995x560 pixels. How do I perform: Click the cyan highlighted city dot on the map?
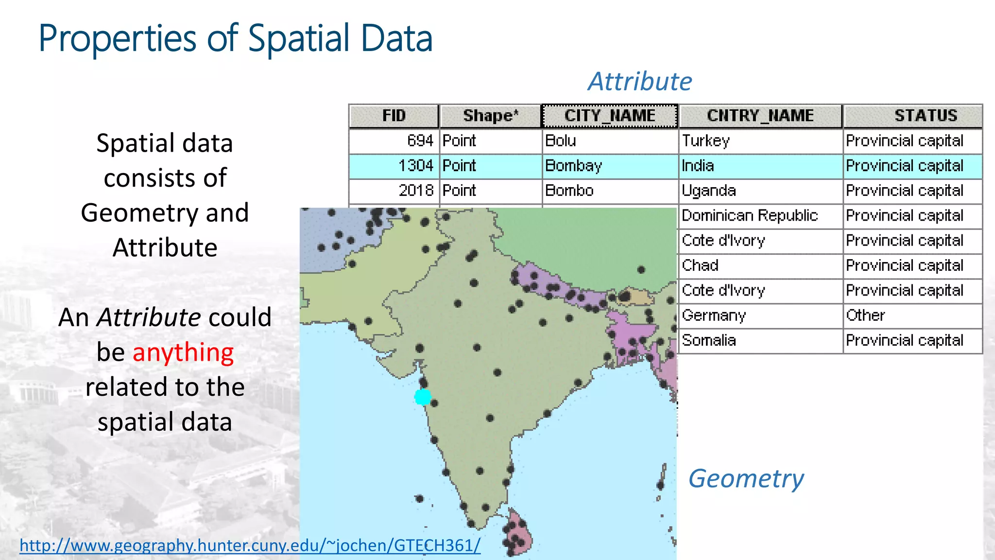click(x=423, y=397)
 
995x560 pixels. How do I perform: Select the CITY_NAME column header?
click(x=609, y=116)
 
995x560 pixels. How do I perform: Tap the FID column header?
click(x=394, y=116)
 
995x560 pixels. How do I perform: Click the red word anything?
click(x=183, y=352)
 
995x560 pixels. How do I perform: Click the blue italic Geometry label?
click(x=746, y=479)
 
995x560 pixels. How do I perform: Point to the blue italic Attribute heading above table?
click(x=640, y=81)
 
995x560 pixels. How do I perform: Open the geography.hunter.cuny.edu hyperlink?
click(x=250, y=545)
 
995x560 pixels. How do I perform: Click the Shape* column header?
click(x=490, y=116)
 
